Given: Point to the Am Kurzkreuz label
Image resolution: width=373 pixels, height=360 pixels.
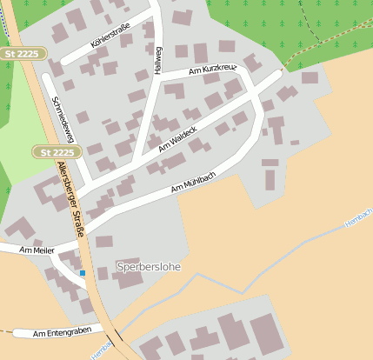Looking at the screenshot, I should tap(211, 70).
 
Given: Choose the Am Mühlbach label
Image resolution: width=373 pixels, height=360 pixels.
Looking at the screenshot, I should tap(193, 181).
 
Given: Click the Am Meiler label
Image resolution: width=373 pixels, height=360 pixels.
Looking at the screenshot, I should tap(37, 250).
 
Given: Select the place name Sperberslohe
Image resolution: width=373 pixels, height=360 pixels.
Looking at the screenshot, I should tap(149, 267).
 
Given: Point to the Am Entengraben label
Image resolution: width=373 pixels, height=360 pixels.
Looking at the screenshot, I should tap(62, 332).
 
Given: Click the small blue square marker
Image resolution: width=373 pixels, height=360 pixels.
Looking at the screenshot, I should tap(83, 273).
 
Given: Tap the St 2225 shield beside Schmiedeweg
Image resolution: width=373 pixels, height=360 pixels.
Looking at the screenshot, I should tap(57, 152).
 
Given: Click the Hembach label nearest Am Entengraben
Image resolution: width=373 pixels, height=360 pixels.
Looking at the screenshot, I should tap(102, 350).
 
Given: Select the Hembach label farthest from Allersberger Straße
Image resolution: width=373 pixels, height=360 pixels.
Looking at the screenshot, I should tap(358, 217).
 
